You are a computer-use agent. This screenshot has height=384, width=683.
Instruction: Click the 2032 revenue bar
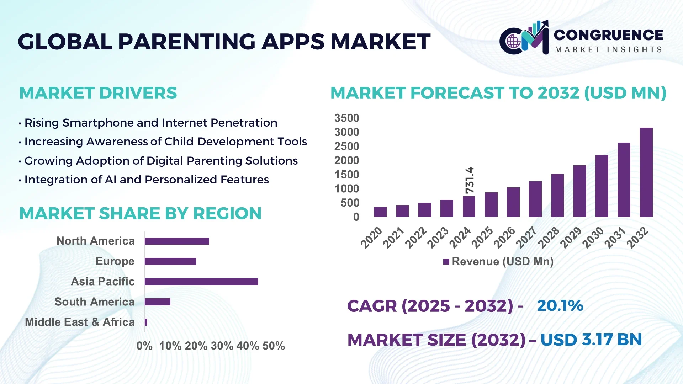point(646,172)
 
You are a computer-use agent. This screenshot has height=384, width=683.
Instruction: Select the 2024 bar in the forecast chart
point(469,207)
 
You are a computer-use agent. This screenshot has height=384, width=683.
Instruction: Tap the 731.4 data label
point(470,180)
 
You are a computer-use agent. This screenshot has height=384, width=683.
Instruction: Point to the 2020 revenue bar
point(380,212)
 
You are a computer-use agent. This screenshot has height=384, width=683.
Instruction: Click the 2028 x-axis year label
point(549,238)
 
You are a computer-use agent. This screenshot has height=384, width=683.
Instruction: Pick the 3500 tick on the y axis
point(346,118)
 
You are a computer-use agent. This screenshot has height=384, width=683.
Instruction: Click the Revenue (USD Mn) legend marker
point(446,262)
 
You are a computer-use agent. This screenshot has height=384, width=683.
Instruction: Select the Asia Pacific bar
point(201,282)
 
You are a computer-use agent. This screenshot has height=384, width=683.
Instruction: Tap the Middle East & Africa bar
point(146,322)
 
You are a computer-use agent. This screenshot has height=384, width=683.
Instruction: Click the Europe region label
point(115,261)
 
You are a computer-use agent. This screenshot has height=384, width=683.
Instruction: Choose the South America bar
point(157,302)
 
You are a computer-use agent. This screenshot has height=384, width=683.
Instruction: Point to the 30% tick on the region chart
point(222,346)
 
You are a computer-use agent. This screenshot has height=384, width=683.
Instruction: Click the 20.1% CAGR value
point(560,306)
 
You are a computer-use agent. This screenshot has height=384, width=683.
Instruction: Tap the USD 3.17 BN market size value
point(591,340)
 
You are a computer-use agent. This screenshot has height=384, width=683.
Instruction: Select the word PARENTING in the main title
point(186,42)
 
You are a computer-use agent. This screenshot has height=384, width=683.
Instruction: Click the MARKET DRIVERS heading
point(98,93)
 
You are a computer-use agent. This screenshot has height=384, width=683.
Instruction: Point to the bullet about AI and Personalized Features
point(146,180)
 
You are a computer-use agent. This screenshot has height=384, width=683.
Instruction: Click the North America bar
point(177,241)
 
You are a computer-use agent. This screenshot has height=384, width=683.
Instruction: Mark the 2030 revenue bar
point(602,186)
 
